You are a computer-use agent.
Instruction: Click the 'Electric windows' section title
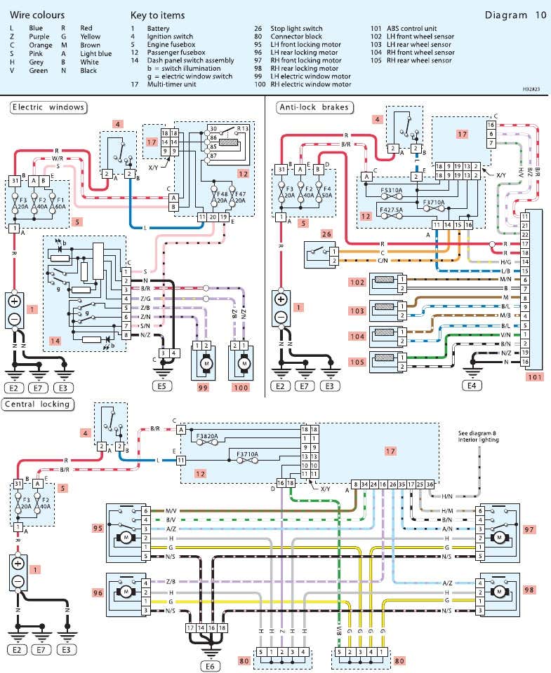[x=48, y=107]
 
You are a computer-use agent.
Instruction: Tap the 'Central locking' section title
[x=36, y=404]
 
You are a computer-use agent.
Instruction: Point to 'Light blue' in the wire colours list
[x=95, y=52]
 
